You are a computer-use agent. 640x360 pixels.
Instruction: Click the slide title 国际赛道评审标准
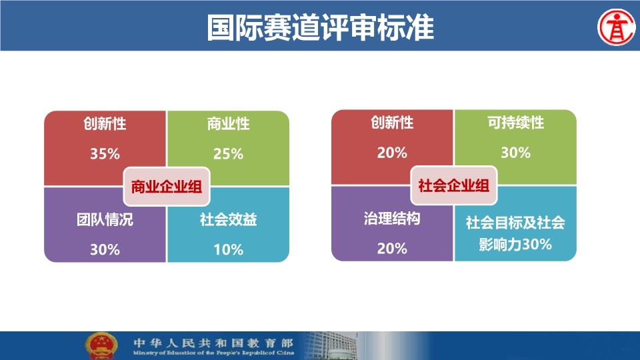320,27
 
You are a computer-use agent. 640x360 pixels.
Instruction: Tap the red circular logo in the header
617,27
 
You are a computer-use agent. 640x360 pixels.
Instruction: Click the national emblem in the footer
101,346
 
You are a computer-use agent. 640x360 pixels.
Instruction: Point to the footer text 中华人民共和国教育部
213,342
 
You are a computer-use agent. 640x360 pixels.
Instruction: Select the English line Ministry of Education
213,353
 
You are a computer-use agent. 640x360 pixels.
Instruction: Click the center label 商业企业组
167,187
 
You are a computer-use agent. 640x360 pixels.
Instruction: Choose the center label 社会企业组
453,185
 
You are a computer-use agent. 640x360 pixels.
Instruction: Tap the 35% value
105,154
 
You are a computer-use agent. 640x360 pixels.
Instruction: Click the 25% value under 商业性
228,154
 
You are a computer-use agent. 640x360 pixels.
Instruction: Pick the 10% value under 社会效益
228,249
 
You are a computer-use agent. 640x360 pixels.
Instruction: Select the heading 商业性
228,124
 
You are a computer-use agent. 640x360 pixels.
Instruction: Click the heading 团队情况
105,219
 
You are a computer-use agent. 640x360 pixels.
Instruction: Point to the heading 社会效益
228,219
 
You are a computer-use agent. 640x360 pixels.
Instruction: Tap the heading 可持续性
515,123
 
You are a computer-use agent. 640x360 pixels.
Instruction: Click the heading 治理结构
392,219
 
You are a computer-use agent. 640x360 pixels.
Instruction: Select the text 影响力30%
515,244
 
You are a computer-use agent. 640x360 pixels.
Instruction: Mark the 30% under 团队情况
105,249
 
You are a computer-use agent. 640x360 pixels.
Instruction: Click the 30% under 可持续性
515,153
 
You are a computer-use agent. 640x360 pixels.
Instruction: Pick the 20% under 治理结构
392,248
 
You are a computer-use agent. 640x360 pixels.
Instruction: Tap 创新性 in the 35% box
105,124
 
